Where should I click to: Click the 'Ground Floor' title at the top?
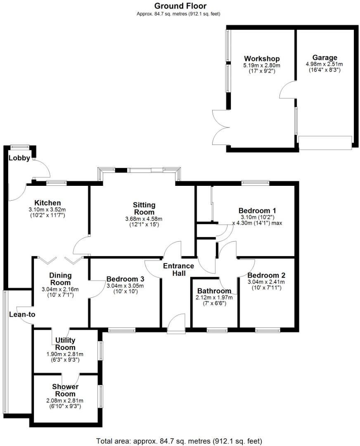click(180, 6)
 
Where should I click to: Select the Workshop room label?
click(261, 58)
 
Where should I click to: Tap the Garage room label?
click(324, 57)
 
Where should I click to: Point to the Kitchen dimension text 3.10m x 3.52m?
click(47, 209)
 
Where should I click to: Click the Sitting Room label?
click(144, 209)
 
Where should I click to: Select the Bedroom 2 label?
click(266, 275)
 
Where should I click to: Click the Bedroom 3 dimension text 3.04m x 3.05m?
click(125, 285)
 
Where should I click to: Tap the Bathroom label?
click(214, 291)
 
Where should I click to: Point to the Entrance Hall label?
click(178, 269)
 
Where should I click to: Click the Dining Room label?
click(60, 279)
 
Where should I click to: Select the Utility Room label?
click(65, 344)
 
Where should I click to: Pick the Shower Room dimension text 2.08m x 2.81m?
click(65, 400)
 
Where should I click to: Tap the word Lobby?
click(19, 158)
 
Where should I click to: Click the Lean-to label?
click(22, 314)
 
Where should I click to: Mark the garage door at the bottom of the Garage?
click(325, 142)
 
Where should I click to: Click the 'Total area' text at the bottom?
click(179, 441)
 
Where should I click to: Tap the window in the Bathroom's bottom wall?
click(217, 330)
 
